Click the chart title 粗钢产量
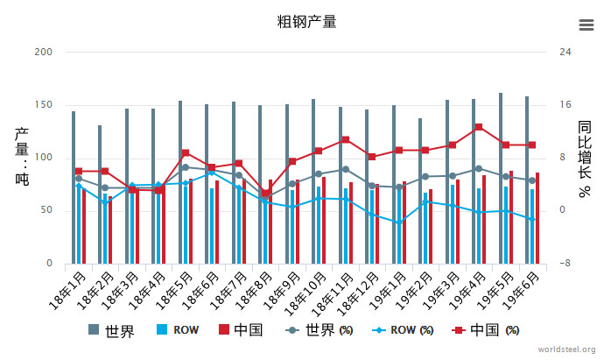point(305,22)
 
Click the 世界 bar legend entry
point(112,330)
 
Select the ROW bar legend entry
point(178,330)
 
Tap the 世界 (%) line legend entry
point(320,330)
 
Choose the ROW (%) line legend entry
point(401,330)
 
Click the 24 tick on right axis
point(565,53)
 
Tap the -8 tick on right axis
point(565,264)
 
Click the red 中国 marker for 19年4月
point(478,127)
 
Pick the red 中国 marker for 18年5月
point(186,153)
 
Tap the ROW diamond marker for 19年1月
point(397,222)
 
